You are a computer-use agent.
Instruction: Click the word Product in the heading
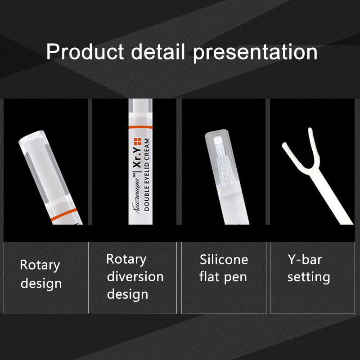tap(85, 52)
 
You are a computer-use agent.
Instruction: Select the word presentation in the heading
tap(255, 52)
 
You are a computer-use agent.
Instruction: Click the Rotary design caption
tap(41, 274)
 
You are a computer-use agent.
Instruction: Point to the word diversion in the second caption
tap(135, 276)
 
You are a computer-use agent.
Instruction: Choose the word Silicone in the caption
tap(224, 259)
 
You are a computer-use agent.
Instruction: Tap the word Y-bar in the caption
tap(305, 259)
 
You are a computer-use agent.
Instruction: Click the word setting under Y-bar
tap(309, 276)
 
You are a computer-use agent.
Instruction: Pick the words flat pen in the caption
tap(223, 276)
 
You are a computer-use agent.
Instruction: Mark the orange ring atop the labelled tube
tap(143, 127)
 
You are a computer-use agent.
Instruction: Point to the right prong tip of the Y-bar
tap(310, 130)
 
